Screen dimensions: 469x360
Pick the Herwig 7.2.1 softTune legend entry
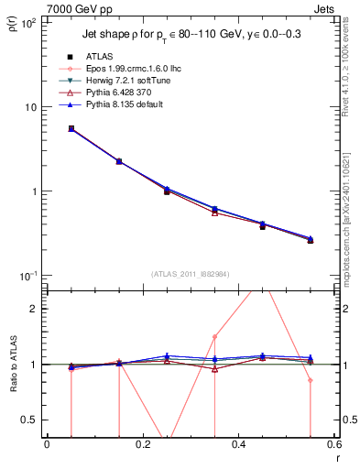124,81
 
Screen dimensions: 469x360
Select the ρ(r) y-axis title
16,27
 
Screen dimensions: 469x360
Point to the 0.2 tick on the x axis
142,446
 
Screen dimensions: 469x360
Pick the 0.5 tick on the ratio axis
30,420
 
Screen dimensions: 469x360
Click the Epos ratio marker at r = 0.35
214,336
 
